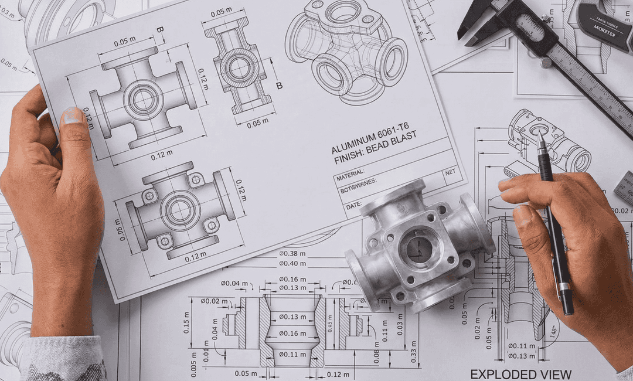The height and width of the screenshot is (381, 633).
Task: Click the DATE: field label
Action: [x=354, y=205]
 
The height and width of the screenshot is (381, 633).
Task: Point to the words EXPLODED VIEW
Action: [x=520, y=374]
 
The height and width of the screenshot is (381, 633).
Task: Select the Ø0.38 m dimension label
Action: [x=292, y=254]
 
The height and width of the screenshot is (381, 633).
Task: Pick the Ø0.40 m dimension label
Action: [x=292, y=263]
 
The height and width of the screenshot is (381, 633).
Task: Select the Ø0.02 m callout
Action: [x=214, y=301]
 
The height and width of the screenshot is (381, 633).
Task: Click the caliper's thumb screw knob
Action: [x=546, y=62]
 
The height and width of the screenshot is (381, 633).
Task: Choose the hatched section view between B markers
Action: [x=239, y=67]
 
